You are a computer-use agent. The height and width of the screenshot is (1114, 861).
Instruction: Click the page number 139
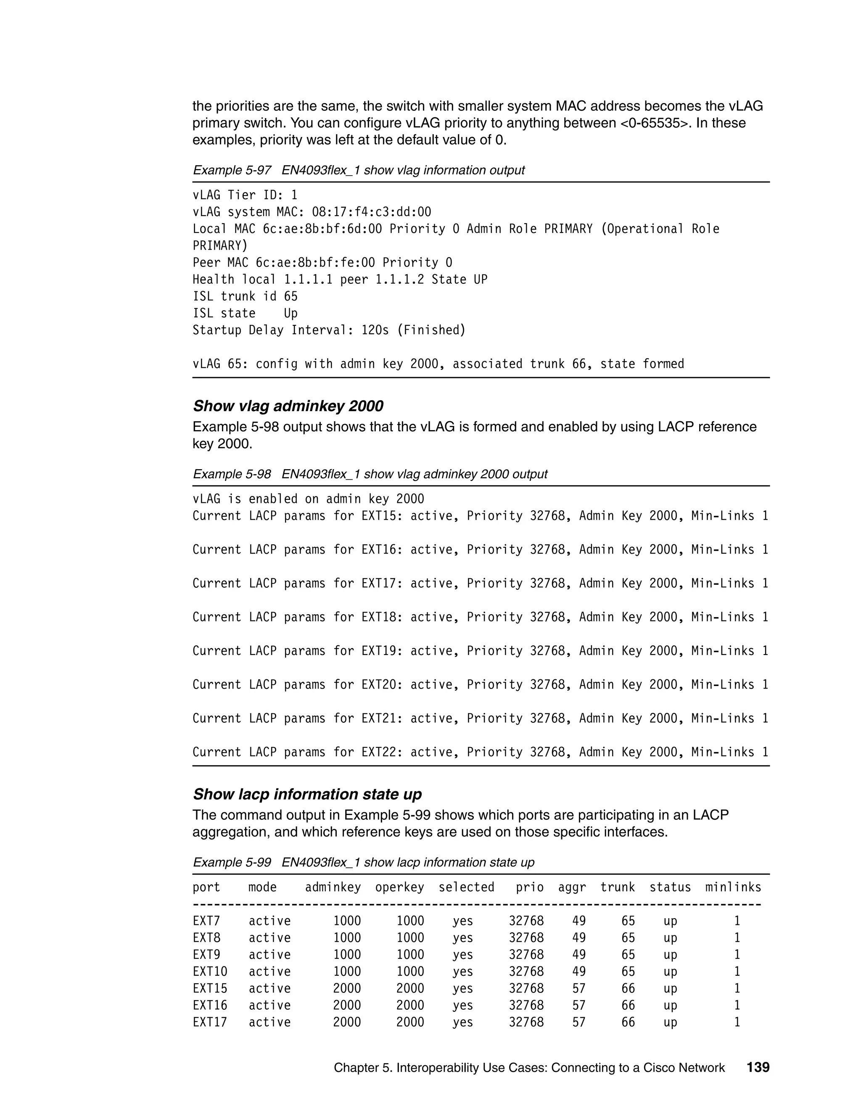(x=758, y=1067)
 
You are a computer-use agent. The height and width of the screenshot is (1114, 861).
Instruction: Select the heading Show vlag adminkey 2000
(x=288, y=406)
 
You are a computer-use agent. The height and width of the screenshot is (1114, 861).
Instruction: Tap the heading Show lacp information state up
(x=307, y=794)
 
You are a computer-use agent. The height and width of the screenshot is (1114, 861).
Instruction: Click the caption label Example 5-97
(x=232, y=170)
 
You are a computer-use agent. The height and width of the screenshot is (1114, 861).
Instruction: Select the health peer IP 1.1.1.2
(x=400, y=280)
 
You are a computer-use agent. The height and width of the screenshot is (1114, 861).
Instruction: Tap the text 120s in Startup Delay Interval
(x=375, y=330)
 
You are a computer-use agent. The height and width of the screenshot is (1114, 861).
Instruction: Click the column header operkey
(x=399, y=887)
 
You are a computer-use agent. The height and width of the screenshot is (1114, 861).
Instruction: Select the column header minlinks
(x=733, y=887)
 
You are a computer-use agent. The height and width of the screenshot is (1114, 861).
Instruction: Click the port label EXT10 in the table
(x=210, y=971)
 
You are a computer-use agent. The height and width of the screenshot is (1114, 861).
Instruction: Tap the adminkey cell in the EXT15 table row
(x=347, y=989)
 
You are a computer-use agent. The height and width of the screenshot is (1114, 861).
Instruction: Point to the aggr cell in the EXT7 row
(x=579, y=921)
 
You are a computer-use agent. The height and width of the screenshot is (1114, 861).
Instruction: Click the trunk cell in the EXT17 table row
(x=628, y=1022)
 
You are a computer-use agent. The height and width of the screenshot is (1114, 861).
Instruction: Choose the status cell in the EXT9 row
(x=670, y=955)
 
